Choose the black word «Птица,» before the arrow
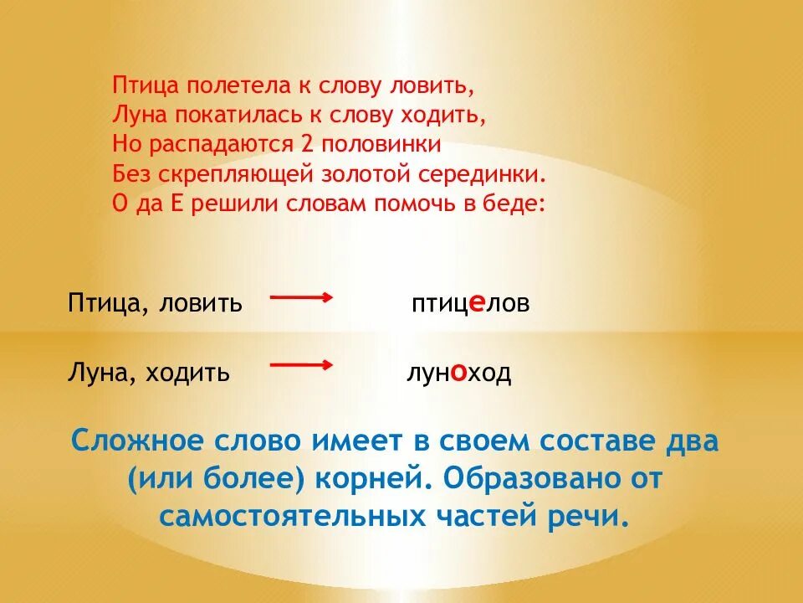click(x=103, y=303)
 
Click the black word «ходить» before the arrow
click(x=187, y=372)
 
